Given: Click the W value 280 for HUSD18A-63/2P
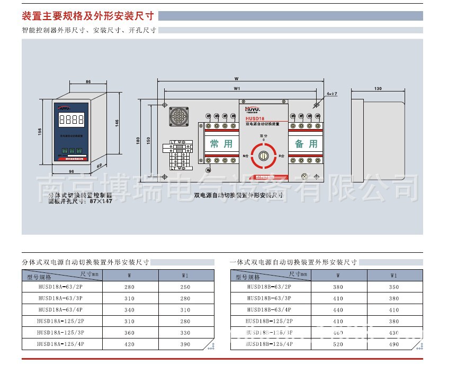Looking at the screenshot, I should pos(130,287).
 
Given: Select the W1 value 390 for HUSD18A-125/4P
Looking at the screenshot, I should pos(185,344).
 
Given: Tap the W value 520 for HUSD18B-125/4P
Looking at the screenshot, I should pos(338,344).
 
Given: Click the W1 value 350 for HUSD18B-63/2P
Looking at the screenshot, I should pos(393,287).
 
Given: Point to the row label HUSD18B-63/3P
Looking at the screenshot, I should pos(269,298).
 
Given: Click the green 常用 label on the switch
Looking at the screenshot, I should pos(221,143).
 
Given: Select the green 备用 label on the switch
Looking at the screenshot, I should pos(306,143).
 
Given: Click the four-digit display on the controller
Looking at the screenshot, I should pos(71,120).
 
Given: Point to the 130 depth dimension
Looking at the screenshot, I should pos(378,88).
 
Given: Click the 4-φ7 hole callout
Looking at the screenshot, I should pos(332,94).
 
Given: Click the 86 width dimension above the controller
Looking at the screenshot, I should pos(88,82).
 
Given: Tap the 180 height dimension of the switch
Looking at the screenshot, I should pos(138,141).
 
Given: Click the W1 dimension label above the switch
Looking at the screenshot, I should pos(237,88).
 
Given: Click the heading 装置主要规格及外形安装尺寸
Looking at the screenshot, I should pos(88,16).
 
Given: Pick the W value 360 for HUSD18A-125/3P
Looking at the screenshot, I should pos(130,333).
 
